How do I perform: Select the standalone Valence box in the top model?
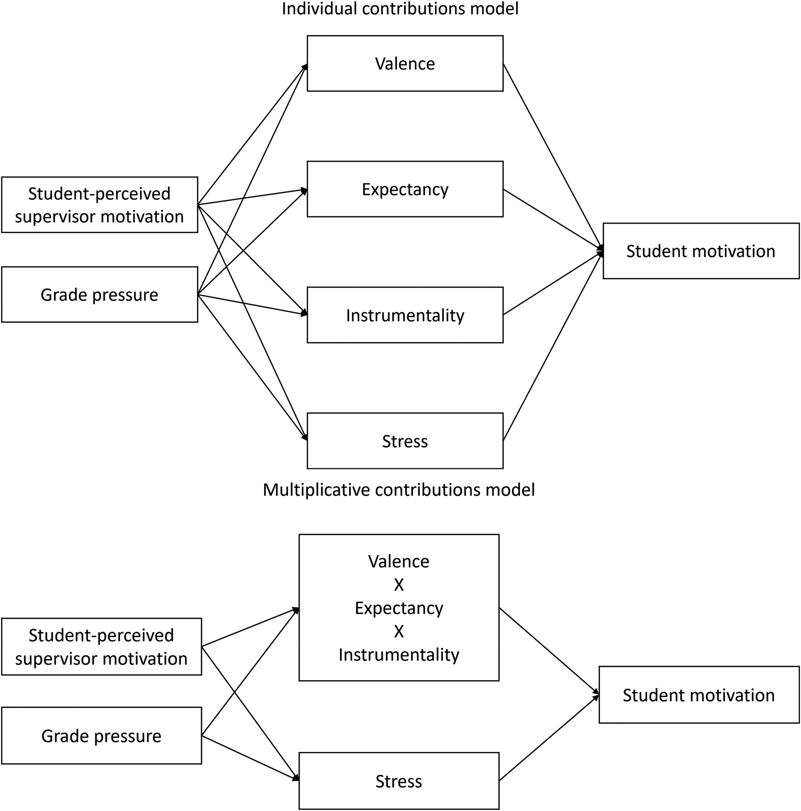[x=405, y=63]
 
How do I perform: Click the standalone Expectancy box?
[x=405, y=189]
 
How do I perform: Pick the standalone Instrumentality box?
[x=405, y=315]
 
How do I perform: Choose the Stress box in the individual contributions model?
[x=405, y=441]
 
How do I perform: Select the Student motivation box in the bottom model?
[x=699, y=695]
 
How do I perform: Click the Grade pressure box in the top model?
[x=99, y=295]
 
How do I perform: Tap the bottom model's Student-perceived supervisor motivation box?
[x=101, y=646]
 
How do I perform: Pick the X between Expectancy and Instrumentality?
[x=399, y=631]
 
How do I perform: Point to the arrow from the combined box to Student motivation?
[x=549, y=651]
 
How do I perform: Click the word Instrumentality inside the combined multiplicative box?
[x=399, y=654]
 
